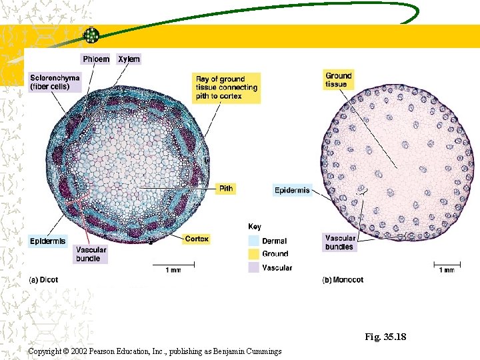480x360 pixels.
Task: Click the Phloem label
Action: pyautogui.click(x=96, y=59)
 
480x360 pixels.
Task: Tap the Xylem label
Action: pyautogui.click(x=129, y=59)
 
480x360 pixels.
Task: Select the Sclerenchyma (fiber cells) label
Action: pyautogui.click(x=55, y=82)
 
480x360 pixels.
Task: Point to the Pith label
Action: pyautogui.click(x=226, y=189)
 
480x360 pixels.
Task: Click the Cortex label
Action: pyautogui.click(x=197, y=239)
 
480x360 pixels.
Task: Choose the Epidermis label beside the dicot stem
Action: pyautogui.click(x=47, y=241)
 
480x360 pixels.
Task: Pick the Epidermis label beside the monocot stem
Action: pyautogui.click(x=292, y=191)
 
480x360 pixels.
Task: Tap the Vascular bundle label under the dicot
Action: pyautogui.click(x=89, y=254)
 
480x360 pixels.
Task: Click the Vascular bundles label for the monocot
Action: pyautogui.click(x=339, y=242)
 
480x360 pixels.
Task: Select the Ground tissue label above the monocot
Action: pyautogui.click(x=338, y=80)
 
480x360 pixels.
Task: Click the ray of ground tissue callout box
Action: pyautogui.click(x=227, y=87)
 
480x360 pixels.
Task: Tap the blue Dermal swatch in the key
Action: pyautogui.click(x=253, y=241)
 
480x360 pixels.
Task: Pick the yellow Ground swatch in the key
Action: pyautogui.click(x=253, y=254)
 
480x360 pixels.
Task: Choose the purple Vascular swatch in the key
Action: pyautogui.click(x=253, y=267)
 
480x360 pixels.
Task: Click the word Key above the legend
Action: pyautogui.click(x=255, y=227)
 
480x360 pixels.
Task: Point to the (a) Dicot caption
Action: pyautogui.click(x=43, y=280)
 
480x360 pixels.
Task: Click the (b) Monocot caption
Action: pyautogui.click(x=343, y=280)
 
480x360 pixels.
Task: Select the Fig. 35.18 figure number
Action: pyautogui.click(x=385, y=337)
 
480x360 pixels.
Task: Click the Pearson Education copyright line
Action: pyautogui.click(x=155, y=351)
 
